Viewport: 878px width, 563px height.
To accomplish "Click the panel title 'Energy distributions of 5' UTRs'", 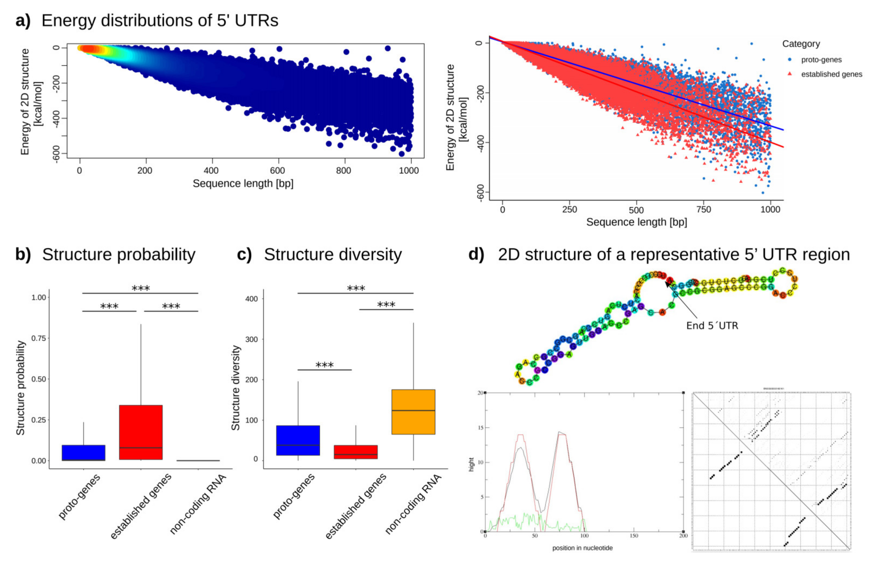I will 160,21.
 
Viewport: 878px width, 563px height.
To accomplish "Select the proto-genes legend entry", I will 821,60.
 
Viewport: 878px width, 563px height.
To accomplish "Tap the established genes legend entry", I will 831,74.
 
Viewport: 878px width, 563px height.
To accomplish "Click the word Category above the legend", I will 801,44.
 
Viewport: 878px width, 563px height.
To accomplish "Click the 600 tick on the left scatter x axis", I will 277,170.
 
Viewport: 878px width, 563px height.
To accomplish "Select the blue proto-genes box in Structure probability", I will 84,453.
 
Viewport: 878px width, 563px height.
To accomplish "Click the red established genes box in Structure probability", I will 141,432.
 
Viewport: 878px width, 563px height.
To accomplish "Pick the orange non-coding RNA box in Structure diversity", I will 413,412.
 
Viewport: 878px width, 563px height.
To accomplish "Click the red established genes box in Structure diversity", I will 356,452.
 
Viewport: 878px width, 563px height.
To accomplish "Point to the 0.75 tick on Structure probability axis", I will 39,338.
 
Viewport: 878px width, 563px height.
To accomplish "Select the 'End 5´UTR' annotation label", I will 712,326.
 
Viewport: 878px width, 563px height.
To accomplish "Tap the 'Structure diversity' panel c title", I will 333,254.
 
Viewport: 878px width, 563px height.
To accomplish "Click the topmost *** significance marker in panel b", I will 140,289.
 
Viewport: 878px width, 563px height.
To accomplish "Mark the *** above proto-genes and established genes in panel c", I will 325,365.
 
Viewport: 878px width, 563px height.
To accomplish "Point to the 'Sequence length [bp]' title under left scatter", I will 243,184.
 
